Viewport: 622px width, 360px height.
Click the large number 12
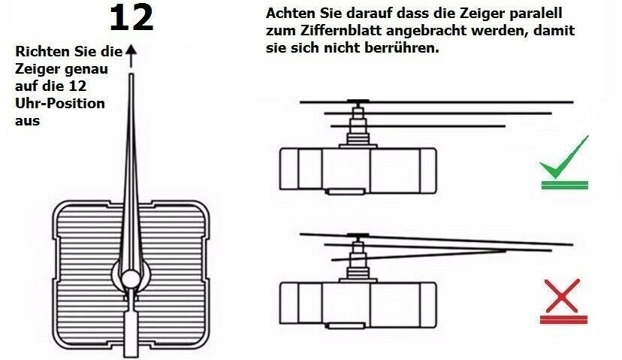click(x=131, y=18)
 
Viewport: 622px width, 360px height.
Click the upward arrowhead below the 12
click(x=131, y=50)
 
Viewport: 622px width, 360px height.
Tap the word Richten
click(x=43, y=52)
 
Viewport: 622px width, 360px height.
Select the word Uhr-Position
click(x=60, y=104)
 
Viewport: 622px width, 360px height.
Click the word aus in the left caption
click(x=27, y=121)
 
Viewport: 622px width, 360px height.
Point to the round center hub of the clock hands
click(x=131, y=278)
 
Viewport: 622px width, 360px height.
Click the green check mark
click(x=563, y=159)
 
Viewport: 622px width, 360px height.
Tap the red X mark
click(x=563, y=295)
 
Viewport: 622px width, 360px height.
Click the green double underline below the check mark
click(x=564, y=185)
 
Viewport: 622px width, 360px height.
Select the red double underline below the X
click(x=563, y=319)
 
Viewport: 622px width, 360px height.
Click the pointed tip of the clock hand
click(x=131, y=74)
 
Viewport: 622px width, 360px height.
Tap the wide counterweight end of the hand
click(x=131, y=334)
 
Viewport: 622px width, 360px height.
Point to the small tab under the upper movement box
click(x=346, y=192)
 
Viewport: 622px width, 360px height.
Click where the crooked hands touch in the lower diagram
click(x=505, y=250)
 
